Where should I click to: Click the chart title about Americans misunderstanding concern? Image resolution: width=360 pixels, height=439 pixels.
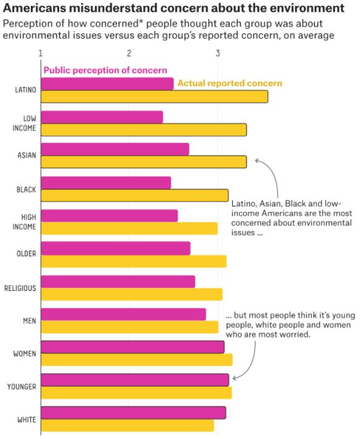173,9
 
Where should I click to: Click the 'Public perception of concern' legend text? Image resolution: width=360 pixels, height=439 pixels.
105,70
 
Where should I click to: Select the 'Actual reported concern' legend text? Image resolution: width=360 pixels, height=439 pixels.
229,83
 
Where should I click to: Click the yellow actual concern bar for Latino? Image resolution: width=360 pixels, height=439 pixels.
154,96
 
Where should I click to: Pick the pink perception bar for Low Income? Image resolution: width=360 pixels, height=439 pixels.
102,117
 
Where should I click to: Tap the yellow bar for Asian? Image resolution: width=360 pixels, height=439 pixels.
143,162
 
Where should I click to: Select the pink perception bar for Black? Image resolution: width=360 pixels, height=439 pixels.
106,183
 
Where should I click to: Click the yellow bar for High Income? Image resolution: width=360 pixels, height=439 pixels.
129,228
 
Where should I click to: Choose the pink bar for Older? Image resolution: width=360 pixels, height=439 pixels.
115,248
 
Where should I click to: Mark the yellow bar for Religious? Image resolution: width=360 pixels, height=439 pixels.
132,295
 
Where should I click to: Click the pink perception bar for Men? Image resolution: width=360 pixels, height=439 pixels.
123,314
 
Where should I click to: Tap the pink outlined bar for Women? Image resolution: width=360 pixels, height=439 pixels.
132,347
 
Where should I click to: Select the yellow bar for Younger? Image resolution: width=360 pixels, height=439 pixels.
136,393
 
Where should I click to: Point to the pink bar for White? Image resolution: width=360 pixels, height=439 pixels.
133,412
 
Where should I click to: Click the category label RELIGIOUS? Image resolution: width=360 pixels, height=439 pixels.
20,288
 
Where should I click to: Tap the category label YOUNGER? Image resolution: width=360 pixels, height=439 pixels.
21,387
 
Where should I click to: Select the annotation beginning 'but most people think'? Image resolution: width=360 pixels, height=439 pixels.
288,324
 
